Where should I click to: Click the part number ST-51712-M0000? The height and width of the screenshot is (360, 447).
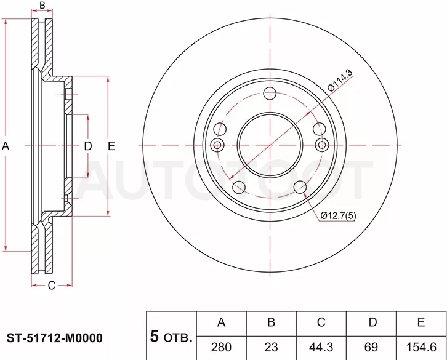55,338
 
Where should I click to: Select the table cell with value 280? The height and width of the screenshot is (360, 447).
221,347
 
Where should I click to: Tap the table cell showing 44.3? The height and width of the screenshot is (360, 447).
321,347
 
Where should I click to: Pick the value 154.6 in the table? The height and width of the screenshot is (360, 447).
421,347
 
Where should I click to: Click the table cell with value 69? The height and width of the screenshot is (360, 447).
371,347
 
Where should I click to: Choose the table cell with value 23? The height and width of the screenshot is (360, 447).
271,347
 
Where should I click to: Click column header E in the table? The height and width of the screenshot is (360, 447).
421,322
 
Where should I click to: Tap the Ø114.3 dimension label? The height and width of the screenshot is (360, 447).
340,80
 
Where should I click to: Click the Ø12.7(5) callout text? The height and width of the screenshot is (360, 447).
339,216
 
